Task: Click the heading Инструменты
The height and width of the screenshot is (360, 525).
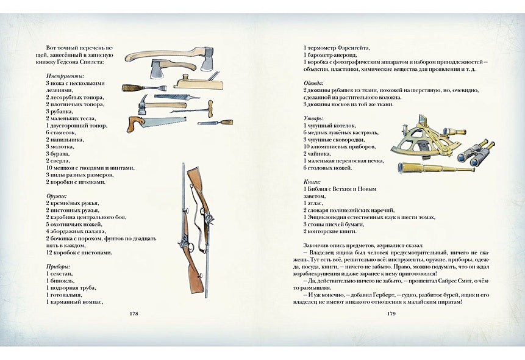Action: coord(65,76)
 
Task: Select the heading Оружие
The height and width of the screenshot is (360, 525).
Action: coord(56,196)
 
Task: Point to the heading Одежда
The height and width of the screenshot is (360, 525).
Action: coord(314,82)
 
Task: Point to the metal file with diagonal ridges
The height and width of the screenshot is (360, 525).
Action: coord(177,96)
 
